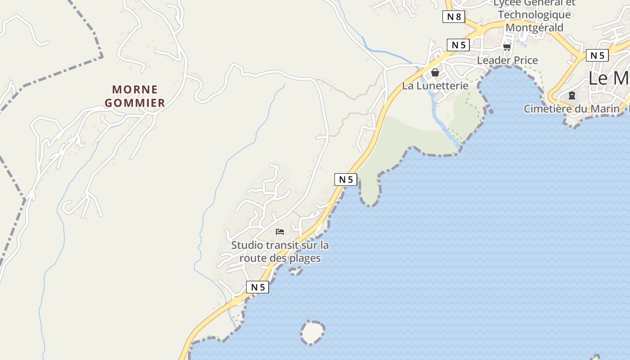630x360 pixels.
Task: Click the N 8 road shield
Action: [454, 17]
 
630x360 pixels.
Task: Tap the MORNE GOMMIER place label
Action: [135, 96]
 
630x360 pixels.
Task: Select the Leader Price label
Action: [507, 60]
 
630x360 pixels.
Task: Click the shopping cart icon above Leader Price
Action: [507, 47]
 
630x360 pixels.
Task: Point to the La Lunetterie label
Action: [435, 85]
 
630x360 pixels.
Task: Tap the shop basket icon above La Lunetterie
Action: [435, 72]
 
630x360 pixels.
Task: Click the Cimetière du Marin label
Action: [571, 109]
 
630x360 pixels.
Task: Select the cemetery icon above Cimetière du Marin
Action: [572, 95]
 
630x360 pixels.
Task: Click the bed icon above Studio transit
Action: [280, 232]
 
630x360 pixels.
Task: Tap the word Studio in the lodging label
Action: [247, 246]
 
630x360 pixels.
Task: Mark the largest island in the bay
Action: [312, 333]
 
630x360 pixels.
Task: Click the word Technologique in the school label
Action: [534, 14]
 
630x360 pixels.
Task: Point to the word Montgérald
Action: [534, 27]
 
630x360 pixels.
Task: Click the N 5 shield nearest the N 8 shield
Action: [458, 45]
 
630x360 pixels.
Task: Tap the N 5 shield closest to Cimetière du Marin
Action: [597, 55]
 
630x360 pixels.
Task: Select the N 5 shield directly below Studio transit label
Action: [257, 287]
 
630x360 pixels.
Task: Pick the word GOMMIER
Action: [135, 103]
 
